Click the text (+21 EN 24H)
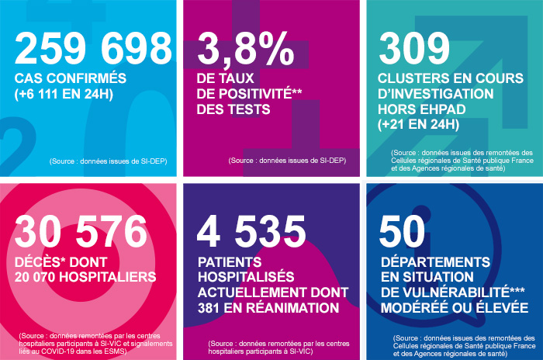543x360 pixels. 420,123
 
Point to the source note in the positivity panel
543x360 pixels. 287,161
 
